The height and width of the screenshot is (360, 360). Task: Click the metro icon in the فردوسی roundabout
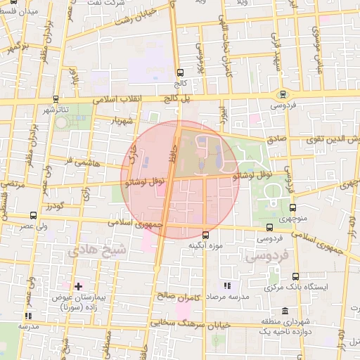pyautogui.click(x=283, y=94)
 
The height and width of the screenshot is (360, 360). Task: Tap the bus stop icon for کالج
pyautogui.click(x=180, y=72)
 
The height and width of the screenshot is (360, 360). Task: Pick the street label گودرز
pyautogui.click(x=54, y=206)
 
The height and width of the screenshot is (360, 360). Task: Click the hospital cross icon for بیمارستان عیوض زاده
pyautogui.click(x=78, y=286)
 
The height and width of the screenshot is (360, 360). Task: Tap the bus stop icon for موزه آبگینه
pyautogui.click(x=205, y=235)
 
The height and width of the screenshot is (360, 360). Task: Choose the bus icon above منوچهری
pyautogui.click(x=292, y=207)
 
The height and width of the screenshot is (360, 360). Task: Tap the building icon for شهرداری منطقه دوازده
pyautogui.click(x=285, y=311)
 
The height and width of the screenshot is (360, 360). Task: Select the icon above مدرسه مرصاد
pyautogui.click(x=226, y=285)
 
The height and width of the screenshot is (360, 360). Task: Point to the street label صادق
pyautogui.click(x=277, y=140)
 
